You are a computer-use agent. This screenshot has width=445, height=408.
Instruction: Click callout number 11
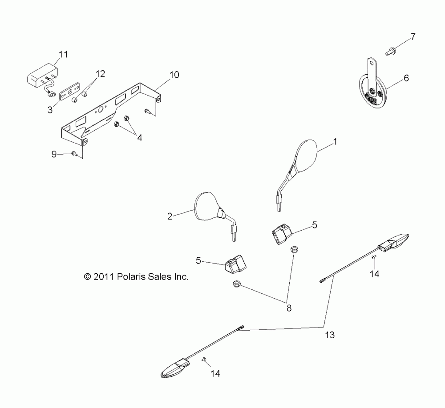(64, 55)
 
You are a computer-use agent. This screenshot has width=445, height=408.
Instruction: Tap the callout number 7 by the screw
(413, 36)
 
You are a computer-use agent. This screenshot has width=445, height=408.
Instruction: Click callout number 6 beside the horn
(406, 79)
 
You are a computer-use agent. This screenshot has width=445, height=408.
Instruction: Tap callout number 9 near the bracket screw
(54, 154)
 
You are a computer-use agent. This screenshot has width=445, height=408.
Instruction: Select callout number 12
(100, 74)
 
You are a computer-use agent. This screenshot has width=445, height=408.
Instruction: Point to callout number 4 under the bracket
(139, 138)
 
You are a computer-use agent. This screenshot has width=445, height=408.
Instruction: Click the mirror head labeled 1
(307, 155)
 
